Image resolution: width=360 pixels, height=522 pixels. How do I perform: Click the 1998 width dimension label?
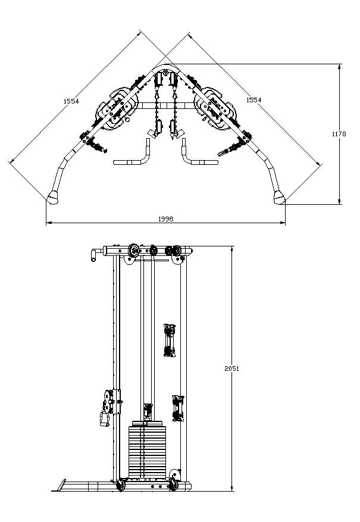165,218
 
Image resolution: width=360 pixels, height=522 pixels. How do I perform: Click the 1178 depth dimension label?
339,134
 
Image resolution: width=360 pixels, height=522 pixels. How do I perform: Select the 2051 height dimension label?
232,368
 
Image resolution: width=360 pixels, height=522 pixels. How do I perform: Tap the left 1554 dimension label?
71,101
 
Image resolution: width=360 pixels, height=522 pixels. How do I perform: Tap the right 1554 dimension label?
253,99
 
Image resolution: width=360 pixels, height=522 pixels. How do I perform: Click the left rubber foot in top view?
52,198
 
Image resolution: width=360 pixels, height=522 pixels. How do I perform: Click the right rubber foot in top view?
280,198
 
